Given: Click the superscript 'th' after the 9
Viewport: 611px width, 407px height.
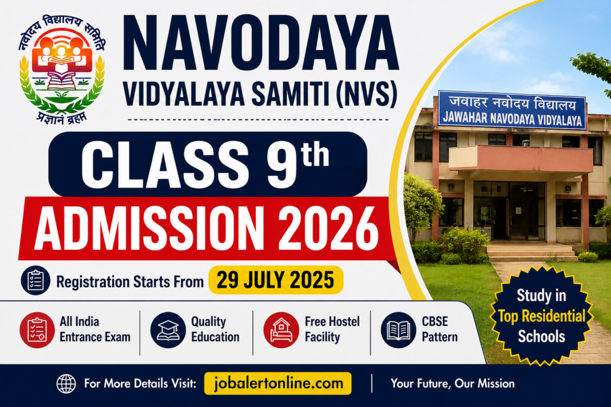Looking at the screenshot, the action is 315,156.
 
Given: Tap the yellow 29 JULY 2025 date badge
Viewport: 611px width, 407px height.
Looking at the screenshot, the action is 276,279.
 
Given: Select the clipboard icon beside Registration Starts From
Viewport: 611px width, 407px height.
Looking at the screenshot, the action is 35,280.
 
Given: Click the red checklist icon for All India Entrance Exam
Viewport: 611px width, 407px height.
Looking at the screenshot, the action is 38,330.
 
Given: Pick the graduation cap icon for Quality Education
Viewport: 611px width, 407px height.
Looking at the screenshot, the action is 168,330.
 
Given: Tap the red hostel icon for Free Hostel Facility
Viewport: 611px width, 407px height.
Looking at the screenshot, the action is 281,330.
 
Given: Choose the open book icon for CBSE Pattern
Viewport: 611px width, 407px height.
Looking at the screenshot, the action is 398,330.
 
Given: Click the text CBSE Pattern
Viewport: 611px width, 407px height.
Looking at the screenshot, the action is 440,329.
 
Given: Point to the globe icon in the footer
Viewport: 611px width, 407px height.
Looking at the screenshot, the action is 66,384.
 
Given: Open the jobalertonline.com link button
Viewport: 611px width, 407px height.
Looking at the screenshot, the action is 278,383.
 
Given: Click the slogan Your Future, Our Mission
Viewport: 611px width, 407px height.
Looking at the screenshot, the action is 452,384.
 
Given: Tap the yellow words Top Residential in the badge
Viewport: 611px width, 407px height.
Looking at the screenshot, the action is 542,316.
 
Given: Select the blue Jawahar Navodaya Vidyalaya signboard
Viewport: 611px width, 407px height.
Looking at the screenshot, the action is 512,110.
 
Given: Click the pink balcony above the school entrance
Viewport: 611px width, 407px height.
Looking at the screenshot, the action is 520,159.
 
